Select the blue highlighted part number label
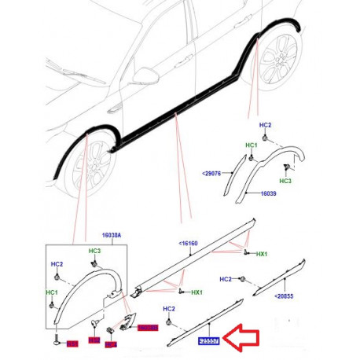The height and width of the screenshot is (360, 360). click(x=208, y=341)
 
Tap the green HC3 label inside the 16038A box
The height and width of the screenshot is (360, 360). click(x=95, y=251)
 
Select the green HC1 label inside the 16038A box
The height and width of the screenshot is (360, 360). click(x=52, y=292)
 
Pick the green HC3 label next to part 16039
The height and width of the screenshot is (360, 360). click(x=285, y=182)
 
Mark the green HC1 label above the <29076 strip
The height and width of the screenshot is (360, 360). click(x=251, y=145)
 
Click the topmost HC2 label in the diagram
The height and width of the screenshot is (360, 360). click(x=265, y=126)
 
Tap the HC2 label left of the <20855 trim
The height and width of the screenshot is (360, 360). click(x=226, y=279)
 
